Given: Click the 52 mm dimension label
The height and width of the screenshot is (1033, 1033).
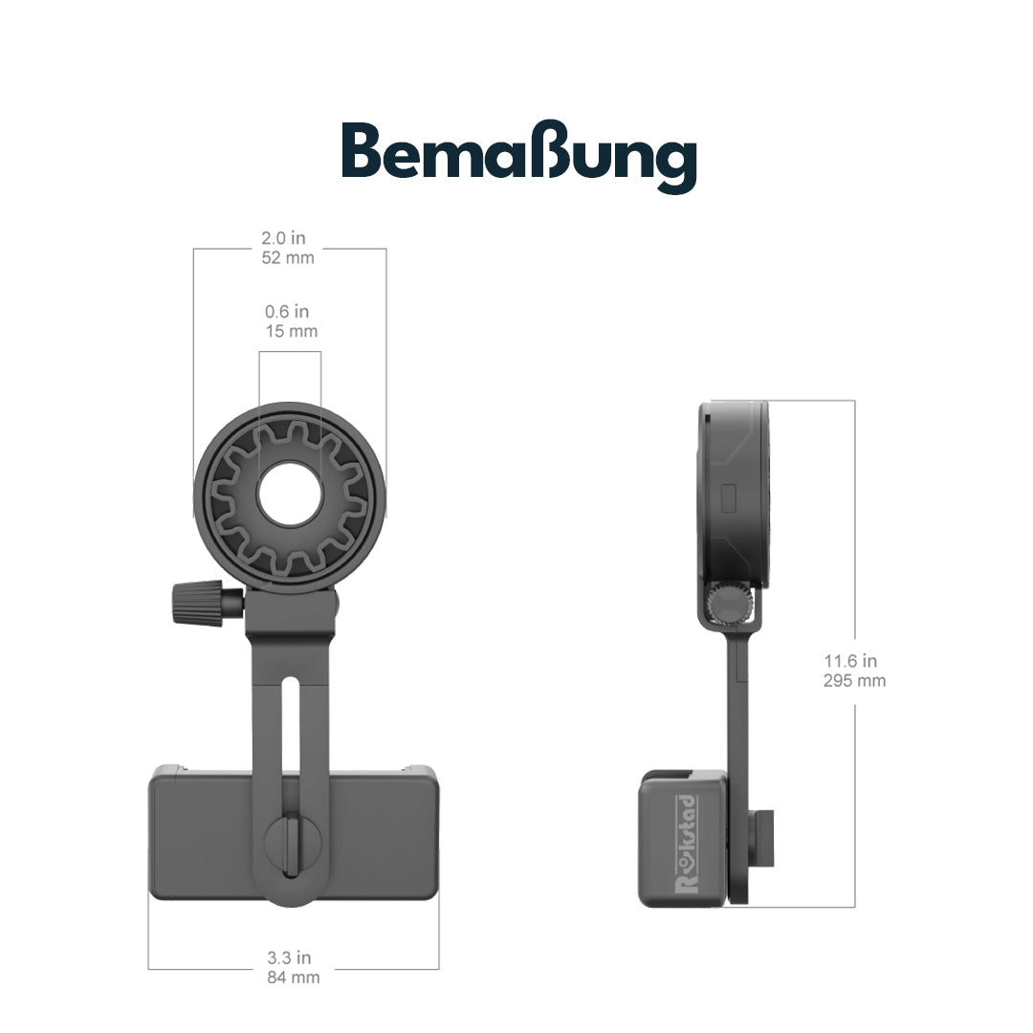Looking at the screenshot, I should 288,257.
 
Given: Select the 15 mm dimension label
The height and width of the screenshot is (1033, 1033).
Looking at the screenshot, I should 291,331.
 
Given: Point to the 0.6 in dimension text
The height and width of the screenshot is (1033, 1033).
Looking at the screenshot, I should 287,312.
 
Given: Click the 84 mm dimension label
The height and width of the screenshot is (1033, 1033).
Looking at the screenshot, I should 293,977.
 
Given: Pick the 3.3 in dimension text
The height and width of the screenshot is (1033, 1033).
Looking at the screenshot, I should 289,957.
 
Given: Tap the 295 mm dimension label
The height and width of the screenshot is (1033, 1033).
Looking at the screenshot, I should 854,681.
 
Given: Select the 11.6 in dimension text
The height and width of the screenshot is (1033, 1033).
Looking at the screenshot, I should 850,661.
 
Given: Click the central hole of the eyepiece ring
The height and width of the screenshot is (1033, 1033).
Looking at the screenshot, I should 290,494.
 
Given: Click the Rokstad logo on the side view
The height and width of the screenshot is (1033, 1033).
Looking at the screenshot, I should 686,843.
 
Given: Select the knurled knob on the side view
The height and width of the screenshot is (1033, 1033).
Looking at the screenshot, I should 729,603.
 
